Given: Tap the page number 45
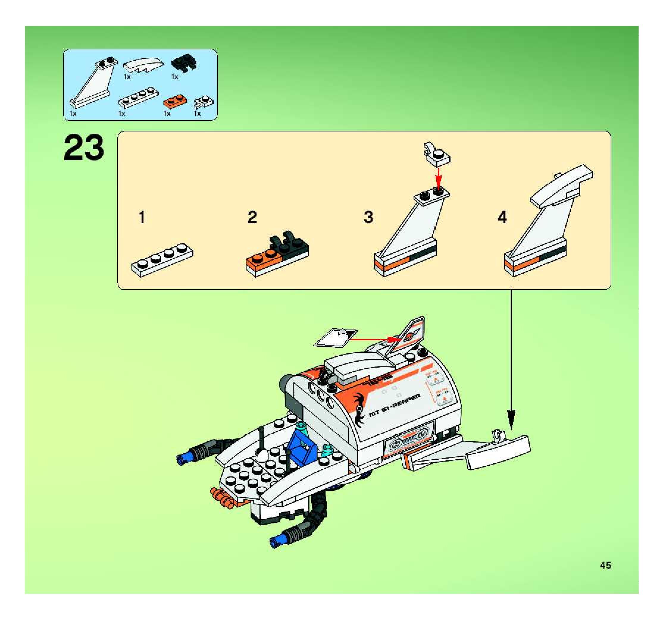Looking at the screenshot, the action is [605, 565].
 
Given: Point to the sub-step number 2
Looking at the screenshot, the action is [252, 217].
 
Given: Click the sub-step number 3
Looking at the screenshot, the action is [368, 217].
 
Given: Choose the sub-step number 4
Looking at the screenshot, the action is [502, 218].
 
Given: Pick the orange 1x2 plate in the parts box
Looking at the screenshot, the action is [175, 101].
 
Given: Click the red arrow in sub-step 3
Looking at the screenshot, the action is [438, 179].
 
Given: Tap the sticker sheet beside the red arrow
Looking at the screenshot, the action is [335, 338].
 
